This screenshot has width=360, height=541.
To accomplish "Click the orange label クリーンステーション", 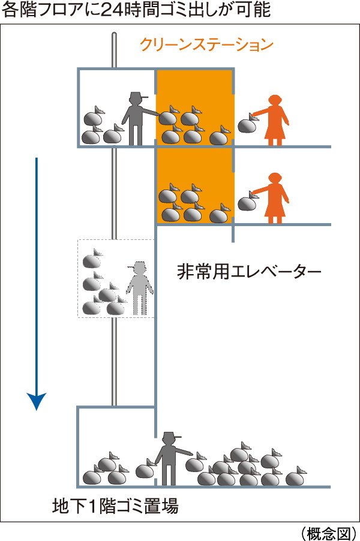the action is pos(206,45).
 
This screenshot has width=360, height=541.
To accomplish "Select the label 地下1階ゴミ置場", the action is pos(115,506).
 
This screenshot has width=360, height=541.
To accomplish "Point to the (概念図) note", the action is pos(328,533).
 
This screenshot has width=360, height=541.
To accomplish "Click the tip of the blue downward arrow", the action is pos(36,410).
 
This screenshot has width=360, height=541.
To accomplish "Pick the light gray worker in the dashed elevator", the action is pos(140,288).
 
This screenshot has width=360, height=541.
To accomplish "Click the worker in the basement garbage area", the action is pos(171,459).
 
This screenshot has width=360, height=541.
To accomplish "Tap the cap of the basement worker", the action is pos(171,435).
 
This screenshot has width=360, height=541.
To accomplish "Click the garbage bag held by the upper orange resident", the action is pos(247,124).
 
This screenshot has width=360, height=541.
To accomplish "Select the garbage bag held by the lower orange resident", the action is pos(247,202).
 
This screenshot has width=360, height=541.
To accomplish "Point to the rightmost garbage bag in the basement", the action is pos(295,477).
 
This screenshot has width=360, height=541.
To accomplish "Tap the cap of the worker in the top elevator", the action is pos(138,96).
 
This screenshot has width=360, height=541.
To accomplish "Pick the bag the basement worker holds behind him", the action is pos(145,469).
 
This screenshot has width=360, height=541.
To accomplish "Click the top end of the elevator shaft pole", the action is pos(114,34).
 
